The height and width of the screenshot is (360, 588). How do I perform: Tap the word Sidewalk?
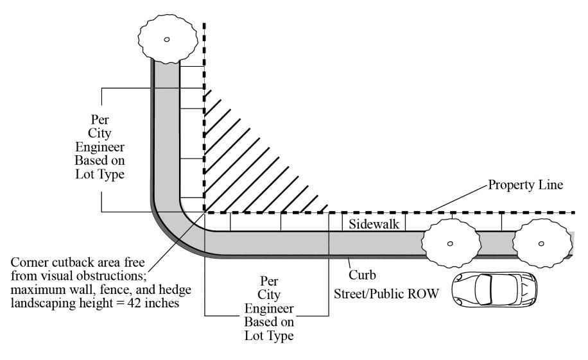coord(375,224)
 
